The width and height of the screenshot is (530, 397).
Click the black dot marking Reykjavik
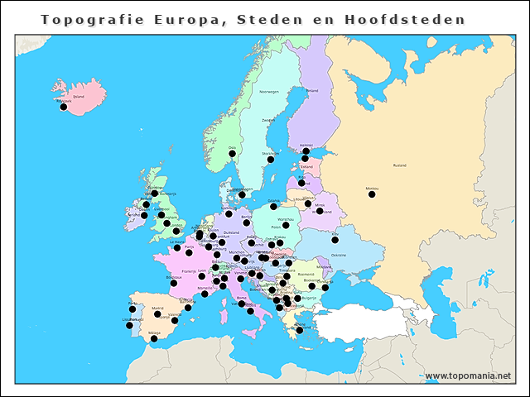(64, 107)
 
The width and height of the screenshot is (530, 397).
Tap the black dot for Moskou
(372, 194)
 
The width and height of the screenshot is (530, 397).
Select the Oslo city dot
(232, 153)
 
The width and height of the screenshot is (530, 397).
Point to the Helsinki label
(306, 145)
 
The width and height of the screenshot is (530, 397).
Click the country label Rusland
(400, 165)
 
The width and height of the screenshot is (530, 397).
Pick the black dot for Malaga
(154, 338)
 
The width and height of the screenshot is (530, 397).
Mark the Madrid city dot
(157, 314)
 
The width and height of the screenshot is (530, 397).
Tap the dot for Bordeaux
(174, 283)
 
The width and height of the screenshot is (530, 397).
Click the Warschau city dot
(286, 225)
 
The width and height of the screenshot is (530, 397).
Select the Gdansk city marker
(274, 206)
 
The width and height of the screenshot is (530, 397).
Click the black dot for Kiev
(335, 241)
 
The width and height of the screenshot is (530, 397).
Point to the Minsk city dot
(320, 211)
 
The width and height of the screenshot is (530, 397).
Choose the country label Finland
(312, 91)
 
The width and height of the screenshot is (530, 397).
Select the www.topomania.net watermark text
(468, 375)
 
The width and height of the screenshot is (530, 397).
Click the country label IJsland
(79, 96)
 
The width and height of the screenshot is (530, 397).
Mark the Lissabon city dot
(129, 325)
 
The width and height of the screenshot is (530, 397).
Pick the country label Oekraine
(339, 255)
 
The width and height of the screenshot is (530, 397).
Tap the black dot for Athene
(300, 330)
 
